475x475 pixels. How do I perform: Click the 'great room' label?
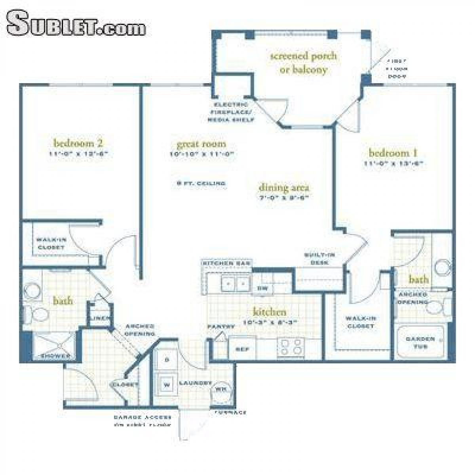click(201, 144)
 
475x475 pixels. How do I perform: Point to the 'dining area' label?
click(284, 188)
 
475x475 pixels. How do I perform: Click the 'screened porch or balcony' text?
click(303, 63)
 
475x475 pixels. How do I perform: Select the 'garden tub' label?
click(420, 343)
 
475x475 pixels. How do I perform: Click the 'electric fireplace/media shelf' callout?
click(231, 112)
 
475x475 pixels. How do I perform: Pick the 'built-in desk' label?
click(319, 258)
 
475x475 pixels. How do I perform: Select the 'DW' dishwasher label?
click(263, 289)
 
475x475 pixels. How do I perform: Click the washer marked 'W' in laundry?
click(167, 384)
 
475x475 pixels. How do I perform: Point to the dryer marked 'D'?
click(167, 360)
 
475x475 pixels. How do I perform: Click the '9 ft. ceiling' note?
click(201, 183)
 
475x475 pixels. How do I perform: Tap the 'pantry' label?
click(220, 327)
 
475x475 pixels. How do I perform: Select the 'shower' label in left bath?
click(55, 356)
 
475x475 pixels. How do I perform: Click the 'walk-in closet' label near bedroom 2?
click(51, 243)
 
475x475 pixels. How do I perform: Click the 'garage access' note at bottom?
click(142, 421)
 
